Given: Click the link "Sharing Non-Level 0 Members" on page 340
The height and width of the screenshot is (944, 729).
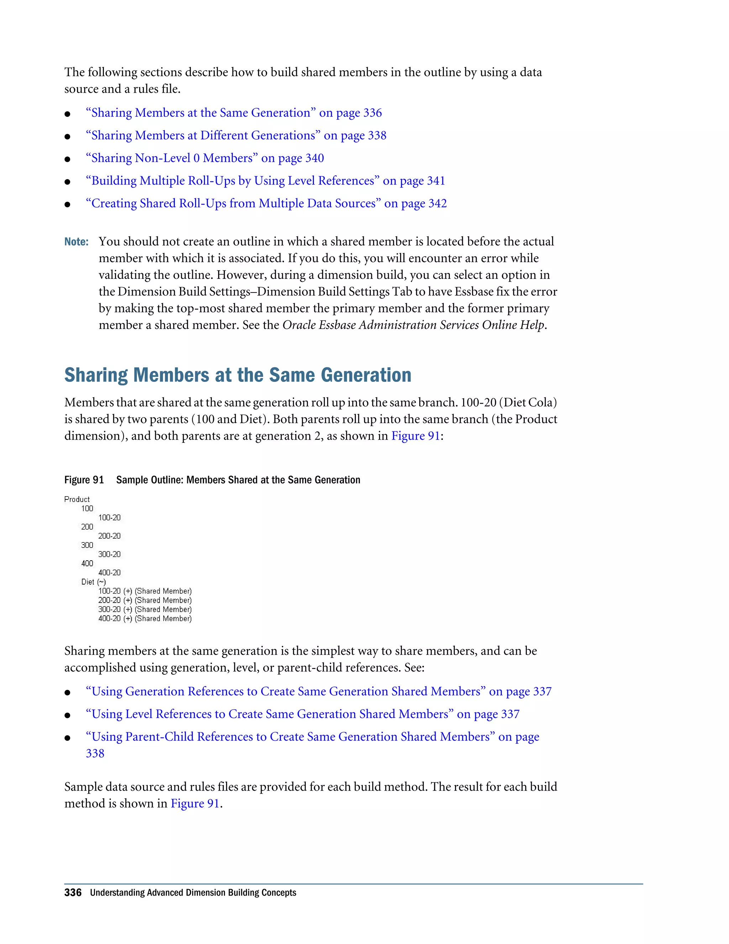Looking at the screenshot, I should pos(205,158).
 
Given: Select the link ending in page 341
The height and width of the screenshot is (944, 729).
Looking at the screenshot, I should pos(265,181).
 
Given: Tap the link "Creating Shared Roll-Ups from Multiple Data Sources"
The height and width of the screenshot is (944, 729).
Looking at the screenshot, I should pos(266,203).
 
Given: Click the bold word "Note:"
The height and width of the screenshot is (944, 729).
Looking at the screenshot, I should pos(77,242).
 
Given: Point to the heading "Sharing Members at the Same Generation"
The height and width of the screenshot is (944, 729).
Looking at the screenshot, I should pos(237,375).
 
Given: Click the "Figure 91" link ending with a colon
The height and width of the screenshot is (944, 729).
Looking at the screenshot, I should pos(415,436).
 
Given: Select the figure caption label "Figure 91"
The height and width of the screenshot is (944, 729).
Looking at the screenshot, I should pos(84,480).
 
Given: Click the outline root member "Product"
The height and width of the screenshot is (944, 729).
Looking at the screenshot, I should pos(77,499).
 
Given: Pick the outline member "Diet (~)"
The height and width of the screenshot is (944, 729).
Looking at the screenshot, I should pos(93,582).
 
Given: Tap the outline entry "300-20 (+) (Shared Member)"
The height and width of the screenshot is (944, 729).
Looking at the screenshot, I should pos(145,610).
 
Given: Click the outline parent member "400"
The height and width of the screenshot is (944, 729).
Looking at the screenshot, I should pos(87,563).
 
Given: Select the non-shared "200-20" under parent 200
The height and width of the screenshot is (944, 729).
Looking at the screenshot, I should pos(109,536).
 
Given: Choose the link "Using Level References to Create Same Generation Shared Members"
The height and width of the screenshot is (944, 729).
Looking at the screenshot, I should pos(302,714).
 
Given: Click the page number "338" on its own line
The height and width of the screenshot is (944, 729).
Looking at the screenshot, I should pos(95,753).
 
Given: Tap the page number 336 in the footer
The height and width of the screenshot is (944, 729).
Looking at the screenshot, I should pos(73,893).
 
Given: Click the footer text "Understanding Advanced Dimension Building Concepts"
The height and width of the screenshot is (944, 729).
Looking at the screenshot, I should pos(193,893).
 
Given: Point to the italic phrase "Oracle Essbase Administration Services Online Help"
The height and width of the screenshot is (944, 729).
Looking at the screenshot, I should pos(413,325).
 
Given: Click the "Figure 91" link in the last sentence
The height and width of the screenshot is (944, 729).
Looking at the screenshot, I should pos(195,804).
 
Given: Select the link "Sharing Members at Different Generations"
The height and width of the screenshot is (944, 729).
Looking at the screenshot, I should pos(236,136).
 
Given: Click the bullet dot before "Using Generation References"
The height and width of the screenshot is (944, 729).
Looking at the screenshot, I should pos(67,693).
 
